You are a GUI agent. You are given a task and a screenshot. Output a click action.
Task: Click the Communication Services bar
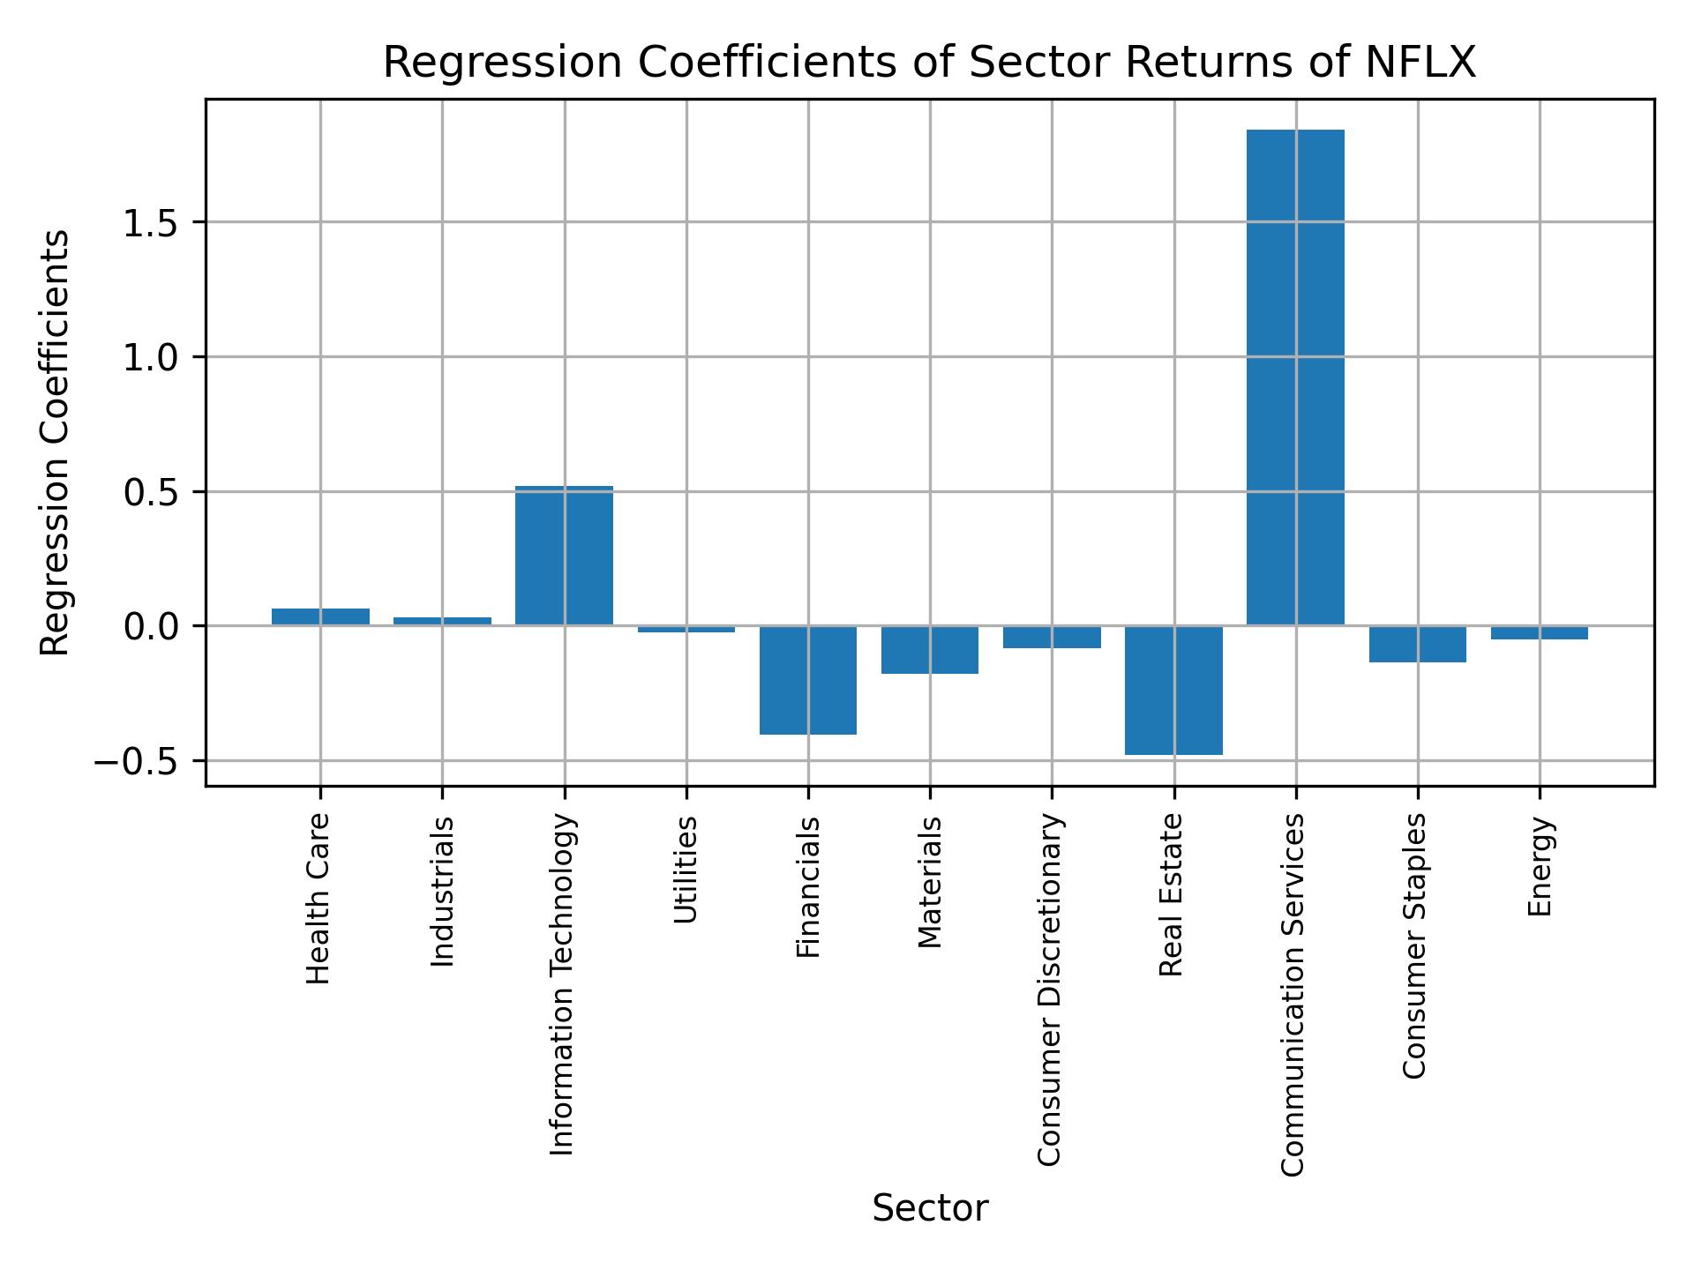tap(1294, 377)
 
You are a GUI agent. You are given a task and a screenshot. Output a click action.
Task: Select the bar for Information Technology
tap(564, 556)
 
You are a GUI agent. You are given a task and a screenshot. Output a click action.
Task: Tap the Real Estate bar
tap(1173, 690)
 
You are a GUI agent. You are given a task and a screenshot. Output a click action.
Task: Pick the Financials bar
tap(807, 680)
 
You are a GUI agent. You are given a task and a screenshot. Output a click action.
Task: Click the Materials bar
tap(929, 650)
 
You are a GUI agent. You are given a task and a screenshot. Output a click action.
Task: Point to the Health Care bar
tap(320, 616)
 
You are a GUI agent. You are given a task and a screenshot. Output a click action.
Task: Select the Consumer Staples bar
tap(1417, 644)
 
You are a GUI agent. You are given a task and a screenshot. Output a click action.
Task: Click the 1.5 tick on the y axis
tap(151, 223)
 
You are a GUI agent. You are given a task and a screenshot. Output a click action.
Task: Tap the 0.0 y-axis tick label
tap(151, 627)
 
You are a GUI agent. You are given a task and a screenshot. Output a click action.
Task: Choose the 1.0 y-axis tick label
tap(151, 358)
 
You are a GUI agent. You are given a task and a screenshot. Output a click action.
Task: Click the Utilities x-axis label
tap(686, 870)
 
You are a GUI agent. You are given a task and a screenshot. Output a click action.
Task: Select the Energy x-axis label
tap(1540, 866)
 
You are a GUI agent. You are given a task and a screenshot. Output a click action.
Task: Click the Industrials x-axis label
tap(442, 892)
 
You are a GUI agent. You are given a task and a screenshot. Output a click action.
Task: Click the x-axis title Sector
tap(929, 1208)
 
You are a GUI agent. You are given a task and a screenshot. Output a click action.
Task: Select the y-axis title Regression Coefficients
tap(56, 443)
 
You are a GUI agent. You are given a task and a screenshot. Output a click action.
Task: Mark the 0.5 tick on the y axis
tap(151, 493)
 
